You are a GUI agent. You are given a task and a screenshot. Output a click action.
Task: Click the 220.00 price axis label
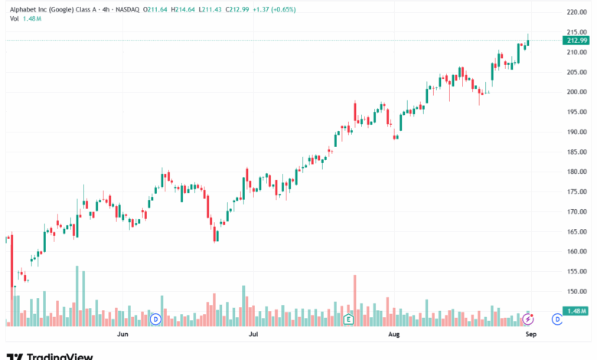(x=576, y=12)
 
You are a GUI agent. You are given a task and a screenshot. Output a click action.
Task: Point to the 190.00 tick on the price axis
(x=576, y=132)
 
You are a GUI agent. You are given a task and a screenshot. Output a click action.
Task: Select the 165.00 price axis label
(x=576, y=231)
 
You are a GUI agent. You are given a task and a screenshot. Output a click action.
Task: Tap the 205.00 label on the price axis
(x=576, y=72)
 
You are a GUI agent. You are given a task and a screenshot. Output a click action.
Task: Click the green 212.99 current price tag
(x=576, y=40)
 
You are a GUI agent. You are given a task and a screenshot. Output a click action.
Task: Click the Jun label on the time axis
(x=122, y=335)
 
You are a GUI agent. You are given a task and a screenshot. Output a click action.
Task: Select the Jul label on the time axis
(x=252, y=335)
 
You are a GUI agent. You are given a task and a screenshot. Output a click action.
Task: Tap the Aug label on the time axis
(x=394, y=335)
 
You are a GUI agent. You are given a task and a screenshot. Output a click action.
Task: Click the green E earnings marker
(x=348, y=318)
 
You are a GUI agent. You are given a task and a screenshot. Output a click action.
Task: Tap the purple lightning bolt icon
(x=527, y=318)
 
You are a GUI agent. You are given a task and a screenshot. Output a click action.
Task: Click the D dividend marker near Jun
(x=155, y=318)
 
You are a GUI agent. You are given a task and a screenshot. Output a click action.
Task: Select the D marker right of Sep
(x=557, y=318)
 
